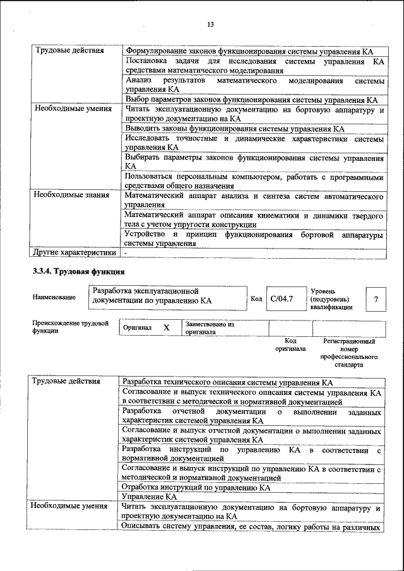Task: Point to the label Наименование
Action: [54, 298]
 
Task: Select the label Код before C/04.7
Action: [256, 298]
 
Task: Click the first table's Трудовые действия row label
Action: [69, 50]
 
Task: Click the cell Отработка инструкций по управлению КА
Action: [196, 488]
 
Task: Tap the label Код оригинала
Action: [290, 344]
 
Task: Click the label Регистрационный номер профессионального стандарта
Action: [349, 353]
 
